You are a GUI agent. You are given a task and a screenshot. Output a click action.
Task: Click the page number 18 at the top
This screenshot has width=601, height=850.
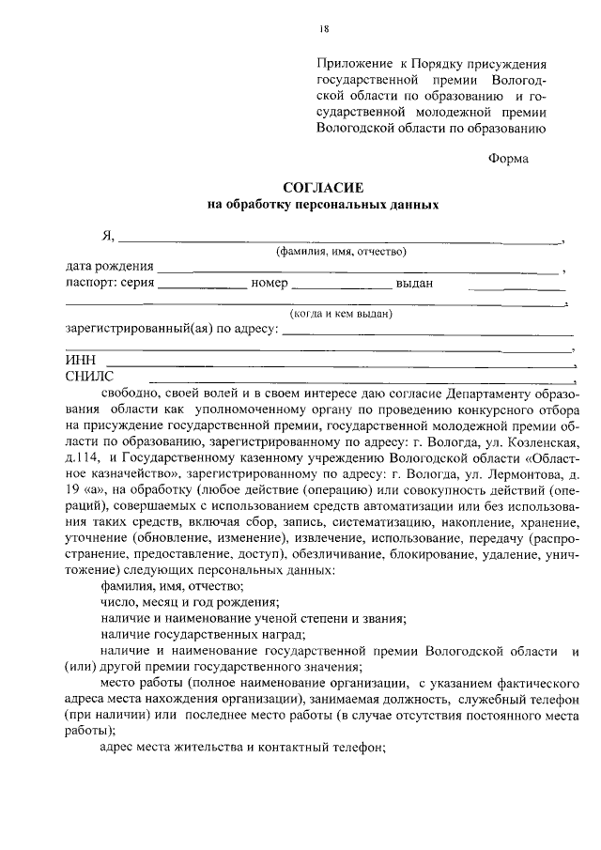click(x=324, y=29)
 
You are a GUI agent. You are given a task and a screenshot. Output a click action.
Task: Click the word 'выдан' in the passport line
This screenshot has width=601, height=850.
click(x=414, y=283)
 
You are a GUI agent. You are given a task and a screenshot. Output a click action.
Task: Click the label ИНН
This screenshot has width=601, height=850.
click(x=80, y=362)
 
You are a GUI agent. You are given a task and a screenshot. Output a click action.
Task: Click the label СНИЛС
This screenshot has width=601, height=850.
click(x=88, y=376)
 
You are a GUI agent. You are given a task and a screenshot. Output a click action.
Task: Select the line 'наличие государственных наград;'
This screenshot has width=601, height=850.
click(x=189, y=634)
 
